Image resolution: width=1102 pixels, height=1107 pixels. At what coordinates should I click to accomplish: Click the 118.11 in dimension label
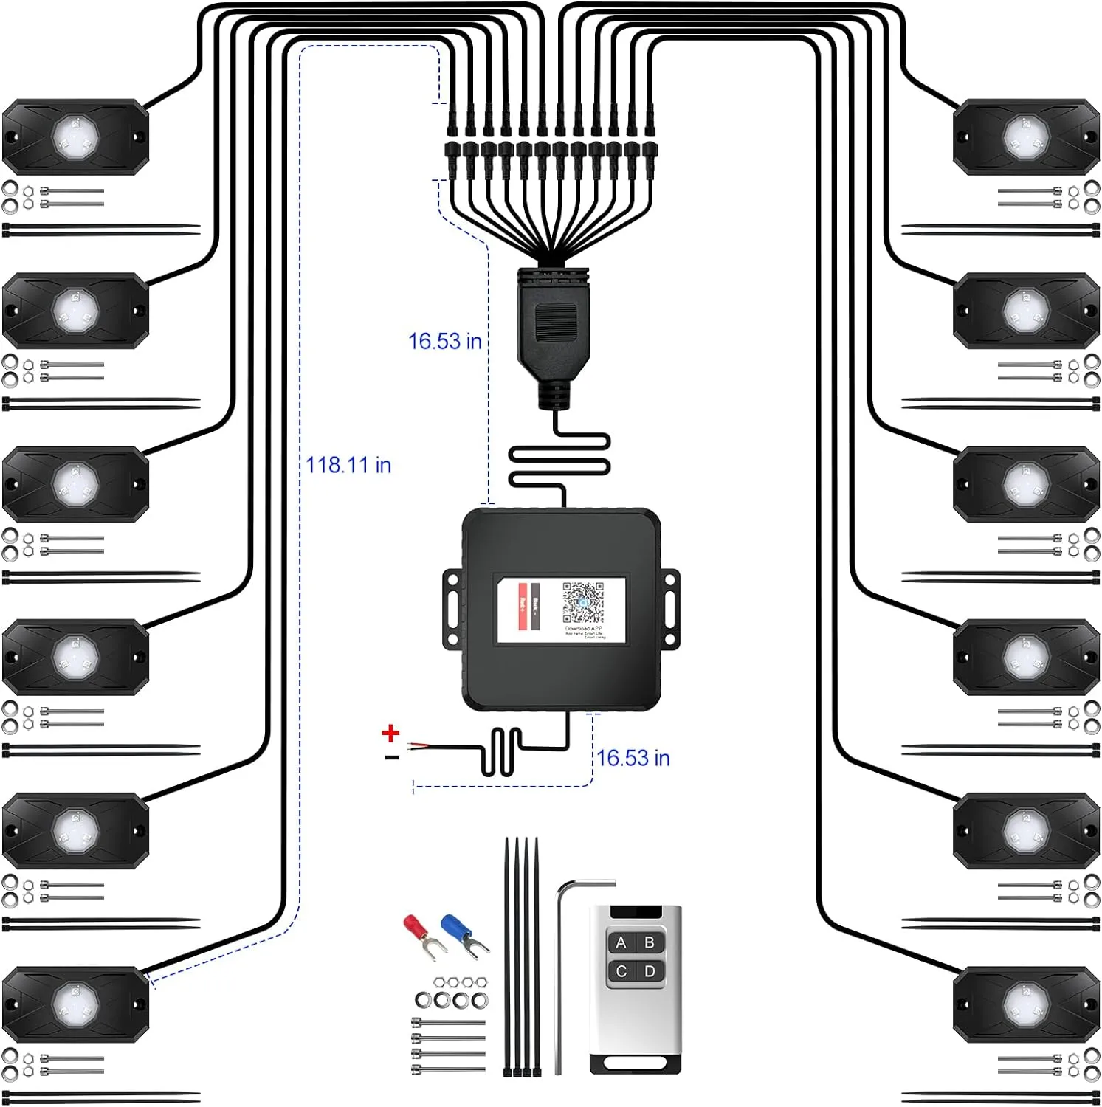[x=348, y=465]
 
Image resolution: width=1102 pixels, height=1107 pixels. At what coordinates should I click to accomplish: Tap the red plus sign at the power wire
[x=390, y=733]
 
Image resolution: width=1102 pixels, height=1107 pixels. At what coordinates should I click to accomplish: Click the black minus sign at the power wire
[x=392, y=757]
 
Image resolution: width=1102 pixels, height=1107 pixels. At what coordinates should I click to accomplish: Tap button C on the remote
[x=621, y=971]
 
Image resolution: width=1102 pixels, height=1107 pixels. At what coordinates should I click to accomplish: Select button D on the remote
[x=650, y=971]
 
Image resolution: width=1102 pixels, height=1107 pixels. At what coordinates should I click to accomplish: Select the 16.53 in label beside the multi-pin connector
[x=445, y=341]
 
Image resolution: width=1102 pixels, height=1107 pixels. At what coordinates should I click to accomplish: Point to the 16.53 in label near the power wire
[x=633, y=758]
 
